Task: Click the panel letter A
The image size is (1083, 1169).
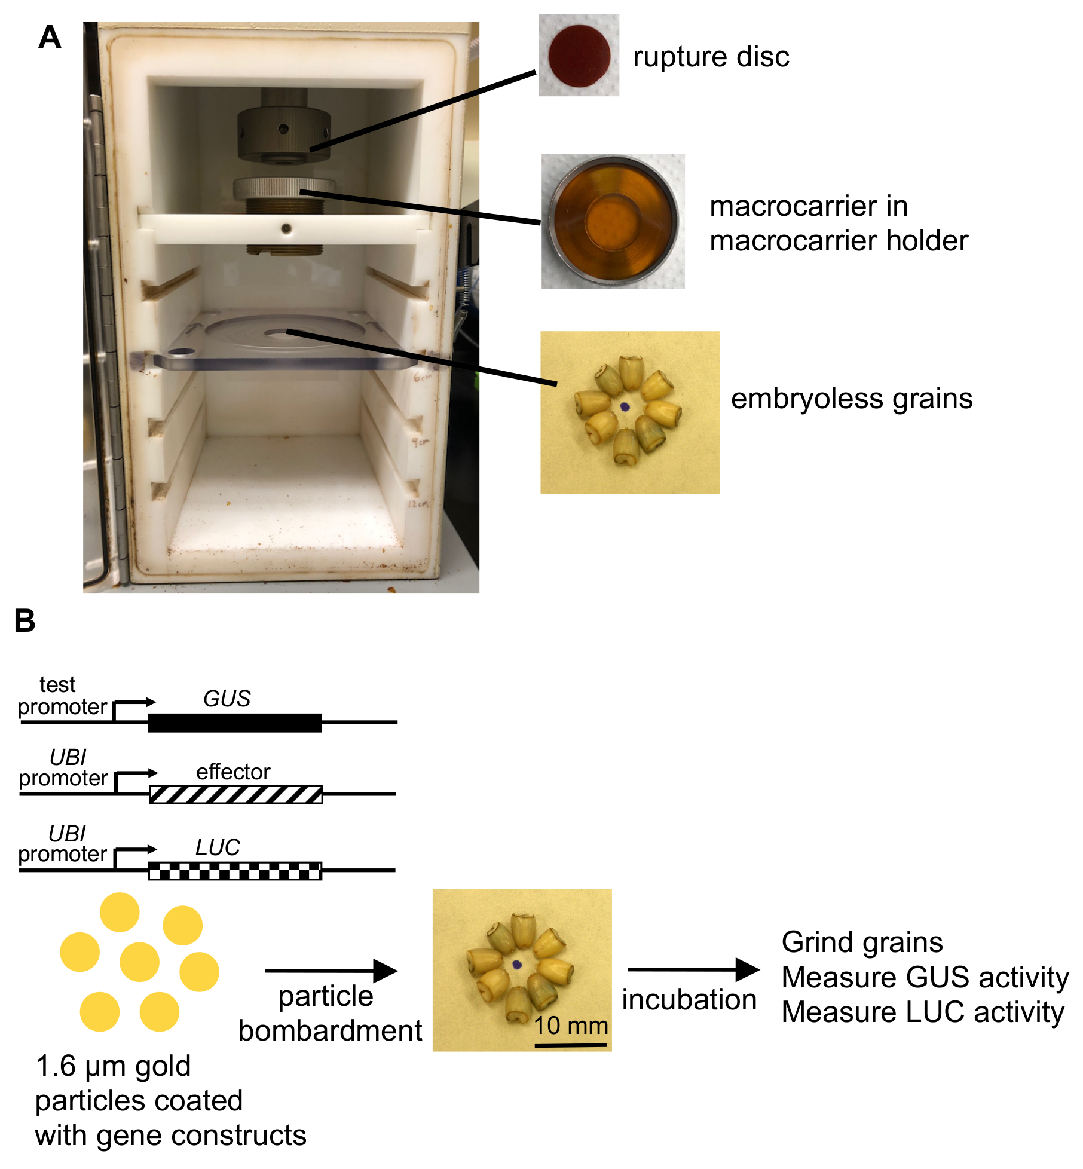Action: [50, 37]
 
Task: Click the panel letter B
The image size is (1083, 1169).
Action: [25, 620]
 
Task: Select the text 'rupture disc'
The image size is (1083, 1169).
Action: [711, 57]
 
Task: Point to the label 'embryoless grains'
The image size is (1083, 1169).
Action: [851, 399]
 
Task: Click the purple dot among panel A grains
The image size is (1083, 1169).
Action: [625, 407]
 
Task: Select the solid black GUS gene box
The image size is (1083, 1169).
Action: [235, 723]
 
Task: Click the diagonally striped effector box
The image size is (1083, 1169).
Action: [235, 794]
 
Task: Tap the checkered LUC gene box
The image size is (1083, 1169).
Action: [235, 871]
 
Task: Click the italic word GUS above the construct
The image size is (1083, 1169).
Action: [227, 699]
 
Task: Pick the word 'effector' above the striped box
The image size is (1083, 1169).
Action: [233, 772]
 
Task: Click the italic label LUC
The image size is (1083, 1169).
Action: [218, 847]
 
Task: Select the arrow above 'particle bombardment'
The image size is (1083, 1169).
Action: [331, 971]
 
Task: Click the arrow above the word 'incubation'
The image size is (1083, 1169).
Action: [693, 969]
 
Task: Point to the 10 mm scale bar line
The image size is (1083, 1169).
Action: [570, 1045]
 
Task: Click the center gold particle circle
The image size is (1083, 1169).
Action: [139, 962]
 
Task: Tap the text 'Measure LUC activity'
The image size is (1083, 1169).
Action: [922, 1012]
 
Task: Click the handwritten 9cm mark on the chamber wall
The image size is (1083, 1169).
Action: [420, 442]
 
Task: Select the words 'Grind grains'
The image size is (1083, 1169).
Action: [861, 942]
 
